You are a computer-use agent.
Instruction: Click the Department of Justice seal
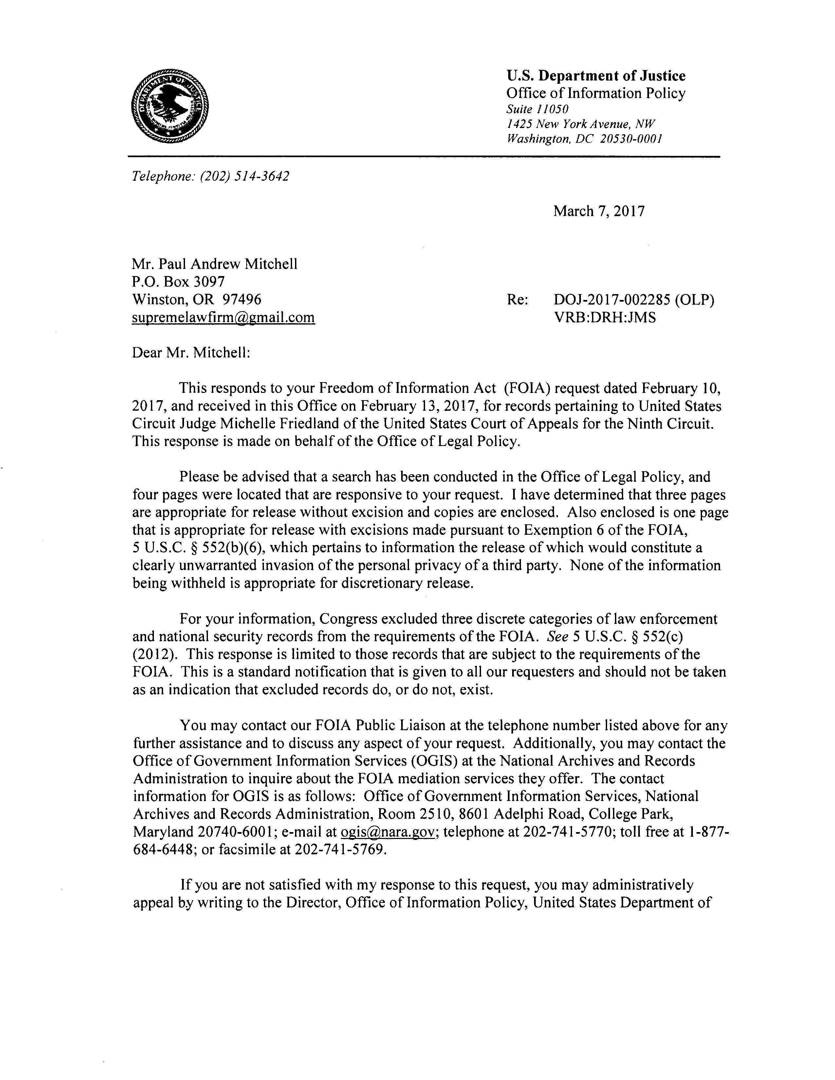[x=170, y=107]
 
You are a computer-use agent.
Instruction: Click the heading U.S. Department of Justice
[x=596, y=76]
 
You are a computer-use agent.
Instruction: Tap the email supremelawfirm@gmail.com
[x=223, y=317]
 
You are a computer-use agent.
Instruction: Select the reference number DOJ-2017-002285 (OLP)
[x=634, y=300]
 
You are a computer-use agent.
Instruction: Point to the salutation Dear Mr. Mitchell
[x=191, y=353]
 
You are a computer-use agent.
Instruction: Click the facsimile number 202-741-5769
[x=339, y=849]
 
